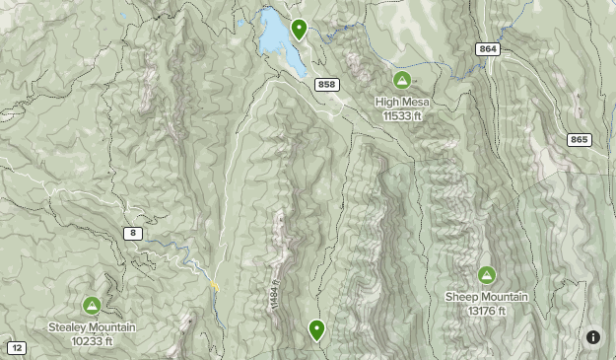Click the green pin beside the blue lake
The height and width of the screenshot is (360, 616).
coord(299,28)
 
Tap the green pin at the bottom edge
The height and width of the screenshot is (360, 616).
coord(316,329)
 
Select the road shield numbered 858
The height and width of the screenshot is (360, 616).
coord(328,85)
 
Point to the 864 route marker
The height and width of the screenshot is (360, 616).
coord(487,49)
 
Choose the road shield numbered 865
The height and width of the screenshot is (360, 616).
coord(579,139)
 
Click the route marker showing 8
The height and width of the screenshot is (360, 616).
coord(133,233)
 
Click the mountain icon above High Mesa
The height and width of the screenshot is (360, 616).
coord(401,80)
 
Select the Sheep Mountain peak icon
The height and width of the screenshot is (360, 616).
coord(486,275)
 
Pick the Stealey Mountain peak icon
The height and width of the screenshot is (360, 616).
coord(92,306)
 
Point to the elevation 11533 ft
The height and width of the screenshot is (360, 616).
coord(402,115)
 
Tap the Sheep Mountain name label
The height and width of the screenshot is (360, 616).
coord(487,297)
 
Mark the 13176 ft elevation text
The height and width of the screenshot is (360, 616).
coord(487,311)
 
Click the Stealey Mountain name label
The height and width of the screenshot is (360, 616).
coord(92,327)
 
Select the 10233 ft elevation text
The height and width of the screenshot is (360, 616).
coord(92,341)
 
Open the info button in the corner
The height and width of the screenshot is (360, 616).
coord(593,337)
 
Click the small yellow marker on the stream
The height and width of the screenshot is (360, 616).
coord(214,286)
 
